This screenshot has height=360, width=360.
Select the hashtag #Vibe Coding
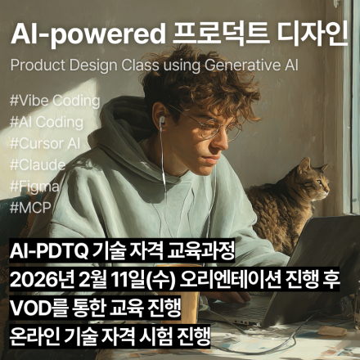click(x=54, y=101)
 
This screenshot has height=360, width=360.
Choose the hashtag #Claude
click(x=37, y=165)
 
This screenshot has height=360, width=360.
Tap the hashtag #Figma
click(x=35, y=187)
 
